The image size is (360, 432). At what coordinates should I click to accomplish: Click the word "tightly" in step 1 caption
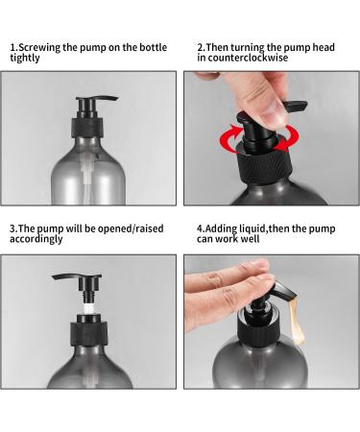(26, 57)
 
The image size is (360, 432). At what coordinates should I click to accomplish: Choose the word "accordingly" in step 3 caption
(36, 240)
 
